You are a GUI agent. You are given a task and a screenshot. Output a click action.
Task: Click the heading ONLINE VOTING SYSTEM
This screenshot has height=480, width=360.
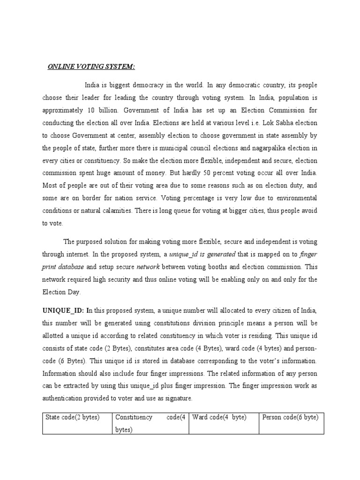point(91,67)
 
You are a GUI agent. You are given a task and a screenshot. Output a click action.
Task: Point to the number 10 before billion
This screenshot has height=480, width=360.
point(91,111)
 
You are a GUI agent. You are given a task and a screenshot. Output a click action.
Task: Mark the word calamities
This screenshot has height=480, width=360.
point(115,211)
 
